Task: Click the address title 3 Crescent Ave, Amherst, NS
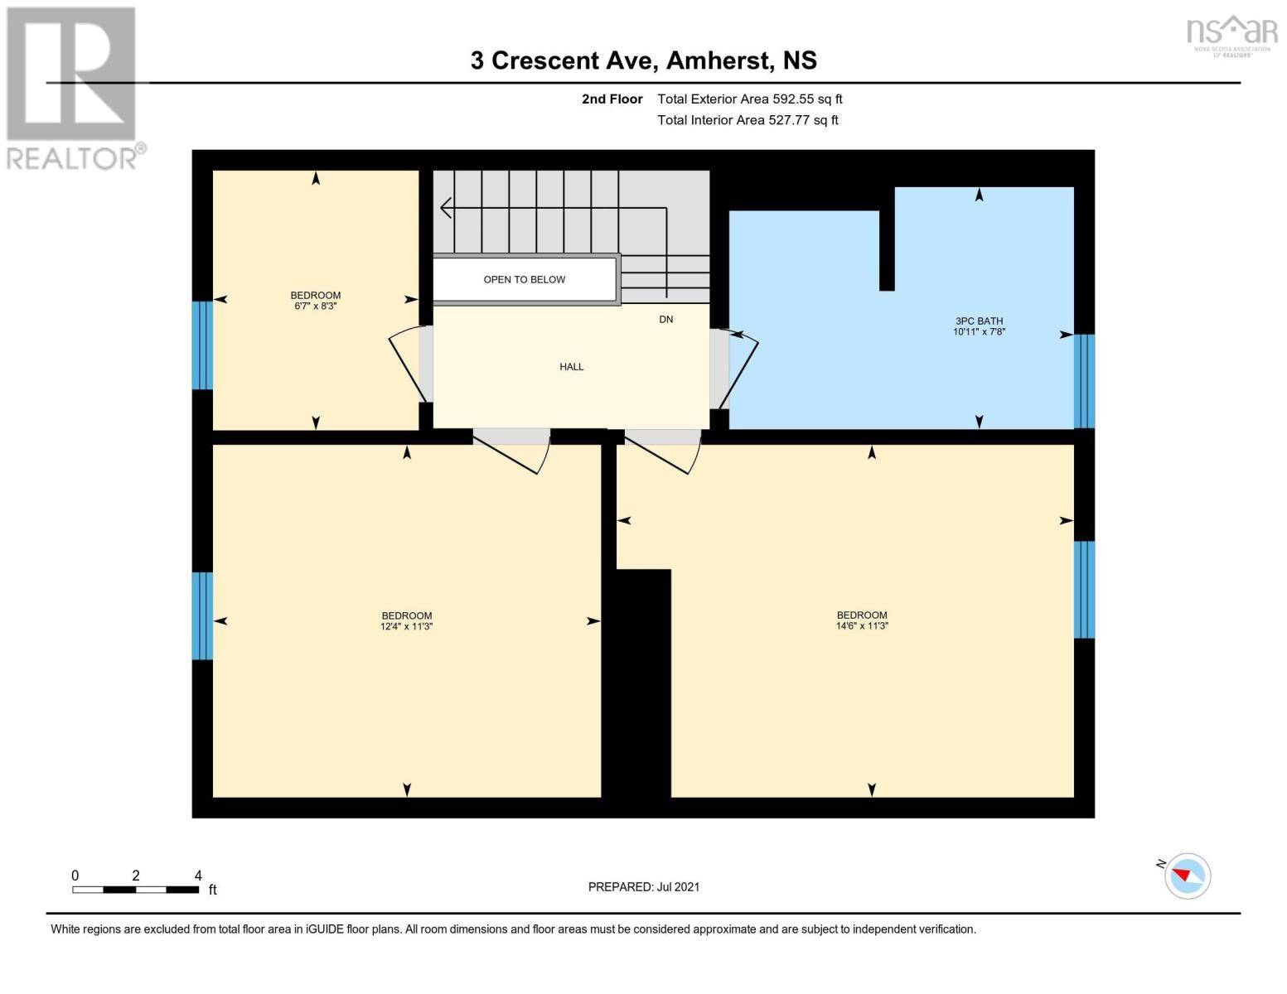click(x=643, y=60)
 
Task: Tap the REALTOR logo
click(x=73, y=87)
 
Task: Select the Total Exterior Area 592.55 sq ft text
click(x=749, y=99)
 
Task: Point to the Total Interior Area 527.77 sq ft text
click(x=748, y=120)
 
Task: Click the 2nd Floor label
click(x=612, y=99)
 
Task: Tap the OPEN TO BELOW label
click(x=524, y=280)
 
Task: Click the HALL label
click(x=571, y=367)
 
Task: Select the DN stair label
click(x=665, y=320)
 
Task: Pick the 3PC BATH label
click(x=979, y=321)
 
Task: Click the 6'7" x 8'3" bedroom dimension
click(x=315, y=306)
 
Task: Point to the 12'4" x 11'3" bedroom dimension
click(x=406, y=627)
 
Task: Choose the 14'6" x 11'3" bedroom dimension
click(x=862, y=626)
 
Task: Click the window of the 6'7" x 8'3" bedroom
click(x=202, y=345)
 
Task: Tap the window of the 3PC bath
click(x=1084, y=381)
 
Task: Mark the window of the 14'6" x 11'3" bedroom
click(x=1084, y=590)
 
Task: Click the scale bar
click(x=135, y=890)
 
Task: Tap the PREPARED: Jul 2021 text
click(x=643, y=887)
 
